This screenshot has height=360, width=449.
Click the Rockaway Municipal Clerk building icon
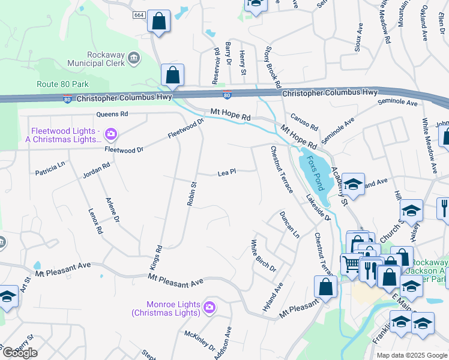pyautogui.click(x=133, y=58)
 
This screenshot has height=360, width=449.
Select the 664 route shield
pyautogui.click(x=139, y=14)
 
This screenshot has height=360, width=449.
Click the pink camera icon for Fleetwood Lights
pyautogui.click(x=110, y=133)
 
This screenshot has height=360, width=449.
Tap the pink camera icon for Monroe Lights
pyautogui.click(x=209, y=308)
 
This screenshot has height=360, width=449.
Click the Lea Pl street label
pyautogui.click(x=226, y=172)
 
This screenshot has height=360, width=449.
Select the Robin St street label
pyautogui.click(x=191, y=194)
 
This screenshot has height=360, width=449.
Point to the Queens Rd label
pyautogui.click(x=112, y=113)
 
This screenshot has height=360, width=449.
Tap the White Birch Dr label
pyautogui.click(x=263, y=256)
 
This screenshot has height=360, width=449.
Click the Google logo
pyautogui.click(x=20, y=353)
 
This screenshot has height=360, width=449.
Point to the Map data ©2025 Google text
pyautogui.click(x=411, y=355)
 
